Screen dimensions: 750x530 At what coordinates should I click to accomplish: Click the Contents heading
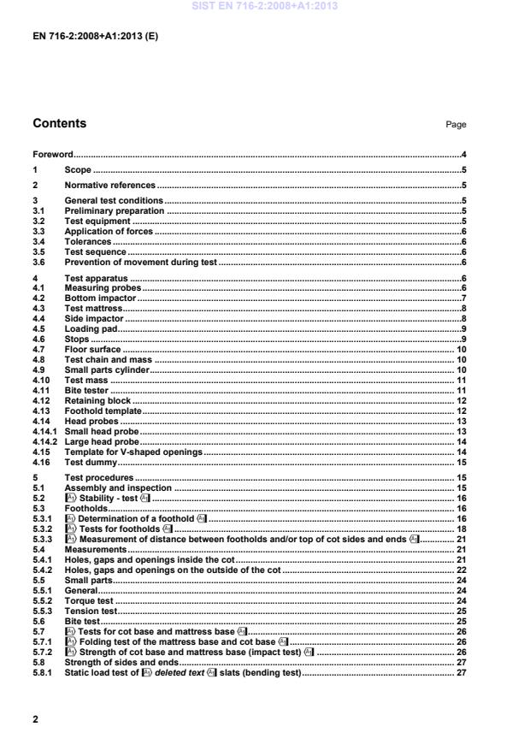(59, 124)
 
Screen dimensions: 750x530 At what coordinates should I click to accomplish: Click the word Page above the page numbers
(456, 125)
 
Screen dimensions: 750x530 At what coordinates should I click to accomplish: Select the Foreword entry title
(52, 155)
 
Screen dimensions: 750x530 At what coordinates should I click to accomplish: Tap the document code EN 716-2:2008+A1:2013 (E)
(95, 38)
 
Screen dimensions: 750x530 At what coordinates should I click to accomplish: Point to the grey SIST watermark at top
(265, 6)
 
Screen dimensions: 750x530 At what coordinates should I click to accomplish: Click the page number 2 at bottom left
(36, 719)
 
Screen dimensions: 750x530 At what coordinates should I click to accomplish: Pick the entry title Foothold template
(103, 411)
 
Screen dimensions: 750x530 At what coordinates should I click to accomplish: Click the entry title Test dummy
(91, 462)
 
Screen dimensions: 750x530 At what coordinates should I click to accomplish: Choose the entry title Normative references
(110, 185)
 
